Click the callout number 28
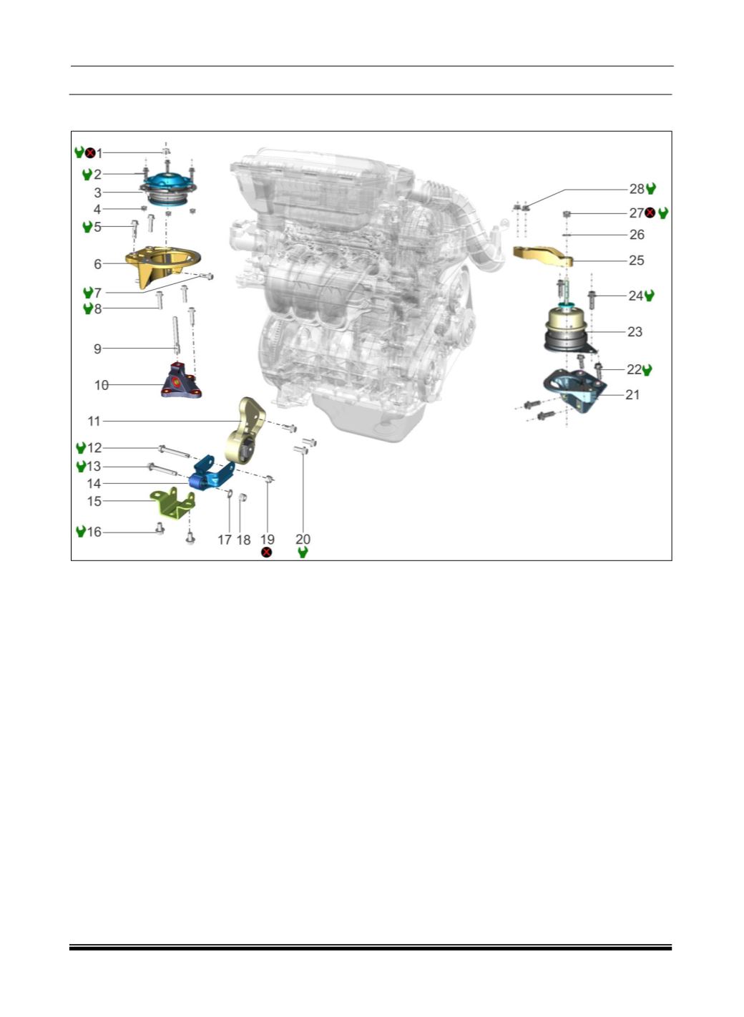[637, 189]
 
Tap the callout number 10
[102, 385]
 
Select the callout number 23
[635, 332]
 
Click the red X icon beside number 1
[90, 152]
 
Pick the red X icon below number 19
[266, 552]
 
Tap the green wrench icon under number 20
[303, 552]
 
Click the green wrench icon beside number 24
[649, 296]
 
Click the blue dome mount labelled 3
[168, 190]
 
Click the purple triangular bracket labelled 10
[182, 382]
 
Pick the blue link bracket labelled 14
[211, 475]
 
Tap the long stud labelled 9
[176, 336]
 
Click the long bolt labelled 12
[174, 452]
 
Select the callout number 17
[225, 540]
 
